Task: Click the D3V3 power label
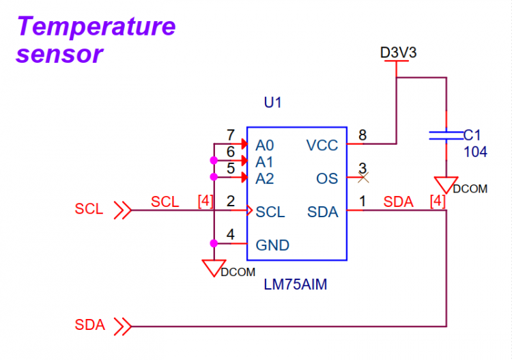(399, 53)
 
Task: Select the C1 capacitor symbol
(446, 135)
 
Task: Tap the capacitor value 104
(475, 152)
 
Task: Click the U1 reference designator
(272, 102)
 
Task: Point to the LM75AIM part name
(295, 285)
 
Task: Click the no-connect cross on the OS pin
(363, 178)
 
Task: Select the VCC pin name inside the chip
(322, 146)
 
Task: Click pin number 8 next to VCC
(362, 135)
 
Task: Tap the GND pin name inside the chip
(272, 245)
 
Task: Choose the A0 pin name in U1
(264, 146)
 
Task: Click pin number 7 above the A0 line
(231, 135)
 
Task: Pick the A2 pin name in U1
(264, 179)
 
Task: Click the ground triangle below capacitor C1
(446, 184)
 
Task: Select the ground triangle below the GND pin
(214, 268)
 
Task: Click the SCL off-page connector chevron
(123, 210)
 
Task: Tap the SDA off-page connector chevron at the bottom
(123, 326)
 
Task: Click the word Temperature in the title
(96, 27)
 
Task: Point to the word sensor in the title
(59, 54)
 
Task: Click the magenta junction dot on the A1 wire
(214, 161)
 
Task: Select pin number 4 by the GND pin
(231, 234)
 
